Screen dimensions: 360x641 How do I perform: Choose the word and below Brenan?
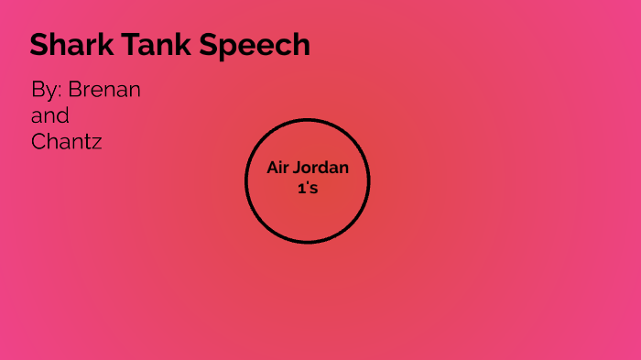click(50, 116)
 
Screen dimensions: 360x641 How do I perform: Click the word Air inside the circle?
click(277, 168)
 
